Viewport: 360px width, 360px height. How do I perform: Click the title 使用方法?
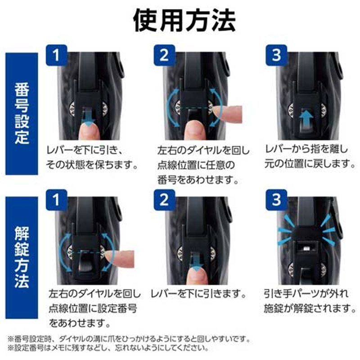pos(184,21)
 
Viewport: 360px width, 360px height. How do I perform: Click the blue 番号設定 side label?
pos(22,114)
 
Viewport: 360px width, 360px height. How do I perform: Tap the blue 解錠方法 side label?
pos(22,257)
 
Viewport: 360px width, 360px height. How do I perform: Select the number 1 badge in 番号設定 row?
pos(57,55)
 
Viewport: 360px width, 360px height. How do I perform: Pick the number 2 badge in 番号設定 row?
pos(164,55)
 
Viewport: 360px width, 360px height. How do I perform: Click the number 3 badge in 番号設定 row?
pos(276,55)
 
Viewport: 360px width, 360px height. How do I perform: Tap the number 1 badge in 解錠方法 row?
pos(57,200)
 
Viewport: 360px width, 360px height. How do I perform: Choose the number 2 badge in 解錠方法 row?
pos(164,200)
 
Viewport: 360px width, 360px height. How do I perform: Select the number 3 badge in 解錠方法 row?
pos(276,200)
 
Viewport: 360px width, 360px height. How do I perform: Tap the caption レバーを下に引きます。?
pos(198,294)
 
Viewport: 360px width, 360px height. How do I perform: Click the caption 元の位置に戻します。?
pos(310,164)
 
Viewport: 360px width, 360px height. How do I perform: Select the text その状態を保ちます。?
pos(92,165)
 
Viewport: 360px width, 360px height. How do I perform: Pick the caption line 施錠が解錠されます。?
pos(310,308)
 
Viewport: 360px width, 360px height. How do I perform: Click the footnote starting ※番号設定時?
pos(129,339)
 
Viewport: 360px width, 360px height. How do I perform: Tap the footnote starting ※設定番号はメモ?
pos(108,348)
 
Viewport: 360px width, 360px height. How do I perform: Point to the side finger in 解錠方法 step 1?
pos(121,258)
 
